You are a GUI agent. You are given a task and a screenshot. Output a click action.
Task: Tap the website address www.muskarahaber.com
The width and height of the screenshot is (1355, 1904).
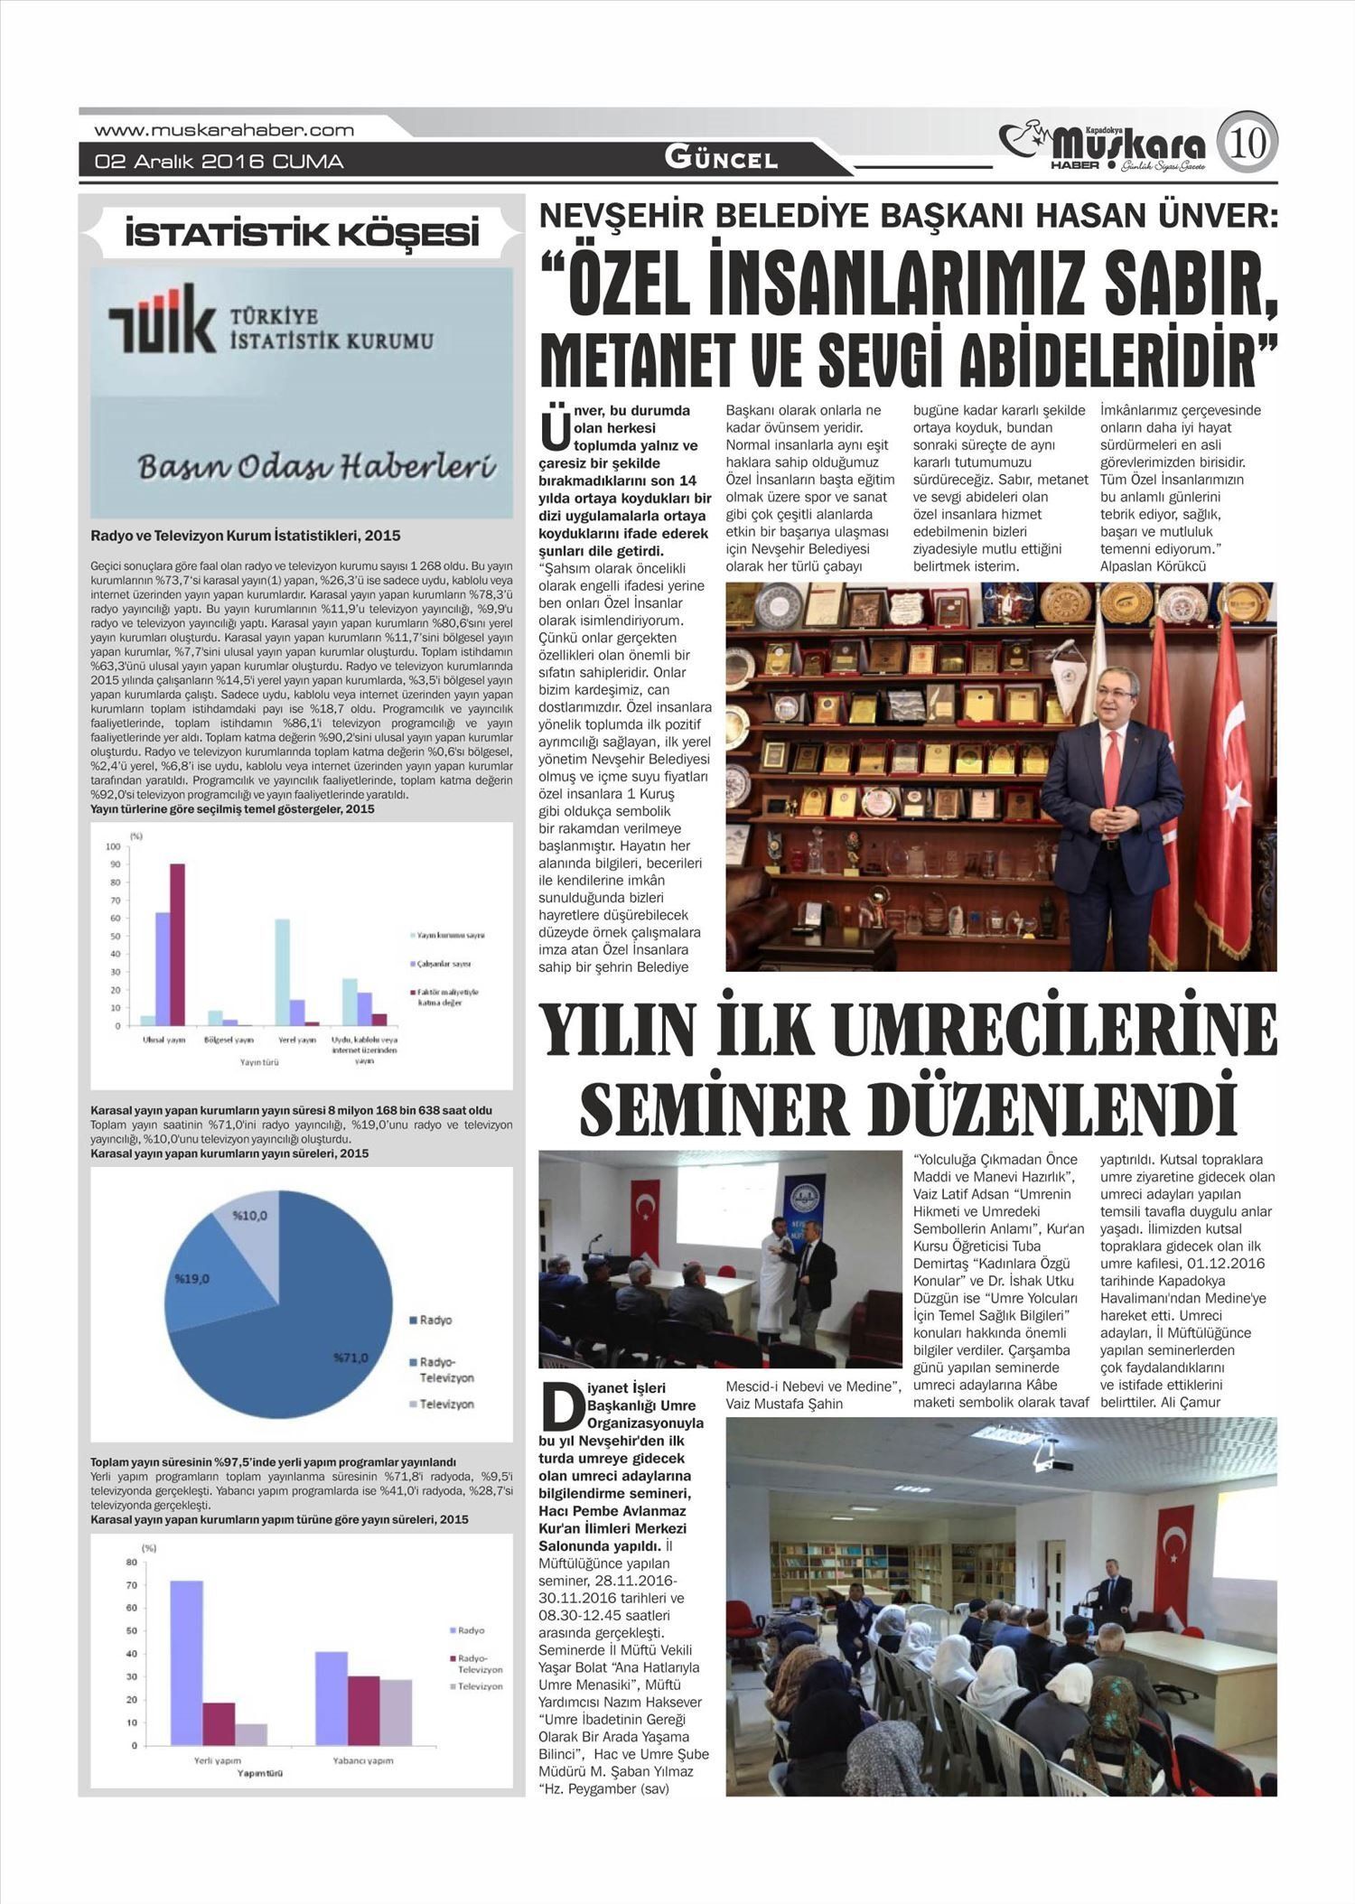tap(224, 130)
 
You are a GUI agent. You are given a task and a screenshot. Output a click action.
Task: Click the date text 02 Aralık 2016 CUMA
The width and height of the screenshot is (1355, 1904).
tap(220, 163)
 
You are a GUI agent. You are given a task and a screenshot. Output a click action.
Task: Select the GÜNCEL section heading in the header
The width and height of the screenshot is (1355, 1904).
tap(721, 158)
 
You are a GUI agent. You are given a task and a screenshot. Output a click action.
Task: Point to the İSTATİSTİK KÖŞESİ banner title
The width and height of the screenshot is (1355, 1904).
tap(302, 235)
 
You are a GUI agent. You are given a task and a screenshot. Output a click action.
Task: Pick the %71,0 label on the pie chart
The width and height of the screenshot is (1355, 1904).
tap(350, 1358)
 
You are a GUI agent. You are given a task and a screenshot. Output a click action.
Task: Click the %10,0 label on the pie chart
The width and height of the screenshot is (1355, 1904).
tap(249, 1216)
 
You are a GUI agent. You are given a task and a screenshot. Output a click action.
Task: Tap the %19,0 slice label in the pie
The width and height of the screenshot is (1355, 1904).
tap(192, 1279)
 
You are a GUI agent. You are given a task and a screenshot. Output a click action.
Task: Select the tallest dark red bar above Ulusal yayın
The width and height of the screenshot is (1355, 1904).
tap(178, 944)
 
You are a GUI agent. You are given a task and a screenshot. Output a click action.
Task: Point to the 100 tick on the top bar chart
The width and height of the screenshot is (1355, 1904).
tap(113, 846)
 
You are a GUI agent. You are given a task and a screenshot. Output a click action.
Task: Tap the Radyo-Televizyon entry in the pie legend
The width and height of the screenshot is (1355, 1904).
tap(446, 1369)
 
